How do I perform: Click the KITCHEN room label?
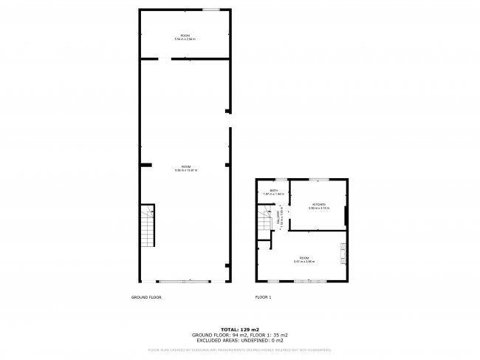pyautogui.click(x=318, y=204)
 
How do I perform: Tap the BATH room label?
pyautogui.click(x=273, y=191)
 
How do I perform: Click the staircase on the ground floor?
pyautogui.click(x=148, y=226)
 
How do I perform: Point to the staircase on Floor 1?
pyautogui.click(x=266, y=220)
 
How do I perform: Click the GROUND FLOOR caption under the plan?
pyautogui.click(x=146, y=297)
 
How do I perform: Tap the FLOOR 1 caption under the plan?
pyautogui.click(x=264, y=297)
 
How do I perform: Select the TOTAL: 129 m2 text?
pyautogui.click(x=240, y=328)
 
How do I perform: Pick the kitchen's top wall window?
pyautogui.click(x=318, y=179)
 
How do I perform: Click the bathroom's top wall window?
pyautogui.click(x=280, y=179)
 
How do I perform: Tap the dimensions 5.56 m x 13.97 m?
pyautogui.click(x=185, y=171)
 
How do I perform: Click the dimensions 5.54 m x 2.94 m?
pyautogui.click(x=185, y=38)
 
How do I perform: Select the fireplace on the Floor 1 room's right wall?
pyautogui.click(x=342, y=253)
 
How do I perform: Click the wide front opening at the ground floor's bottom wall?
pyautogui.click(x=184, y=281)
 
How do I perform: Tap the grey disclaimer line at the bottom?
pyautogui.click(x=240, y=350)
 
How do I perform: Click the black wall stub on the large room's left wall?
pyautogui.click(x=146, y=164)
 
